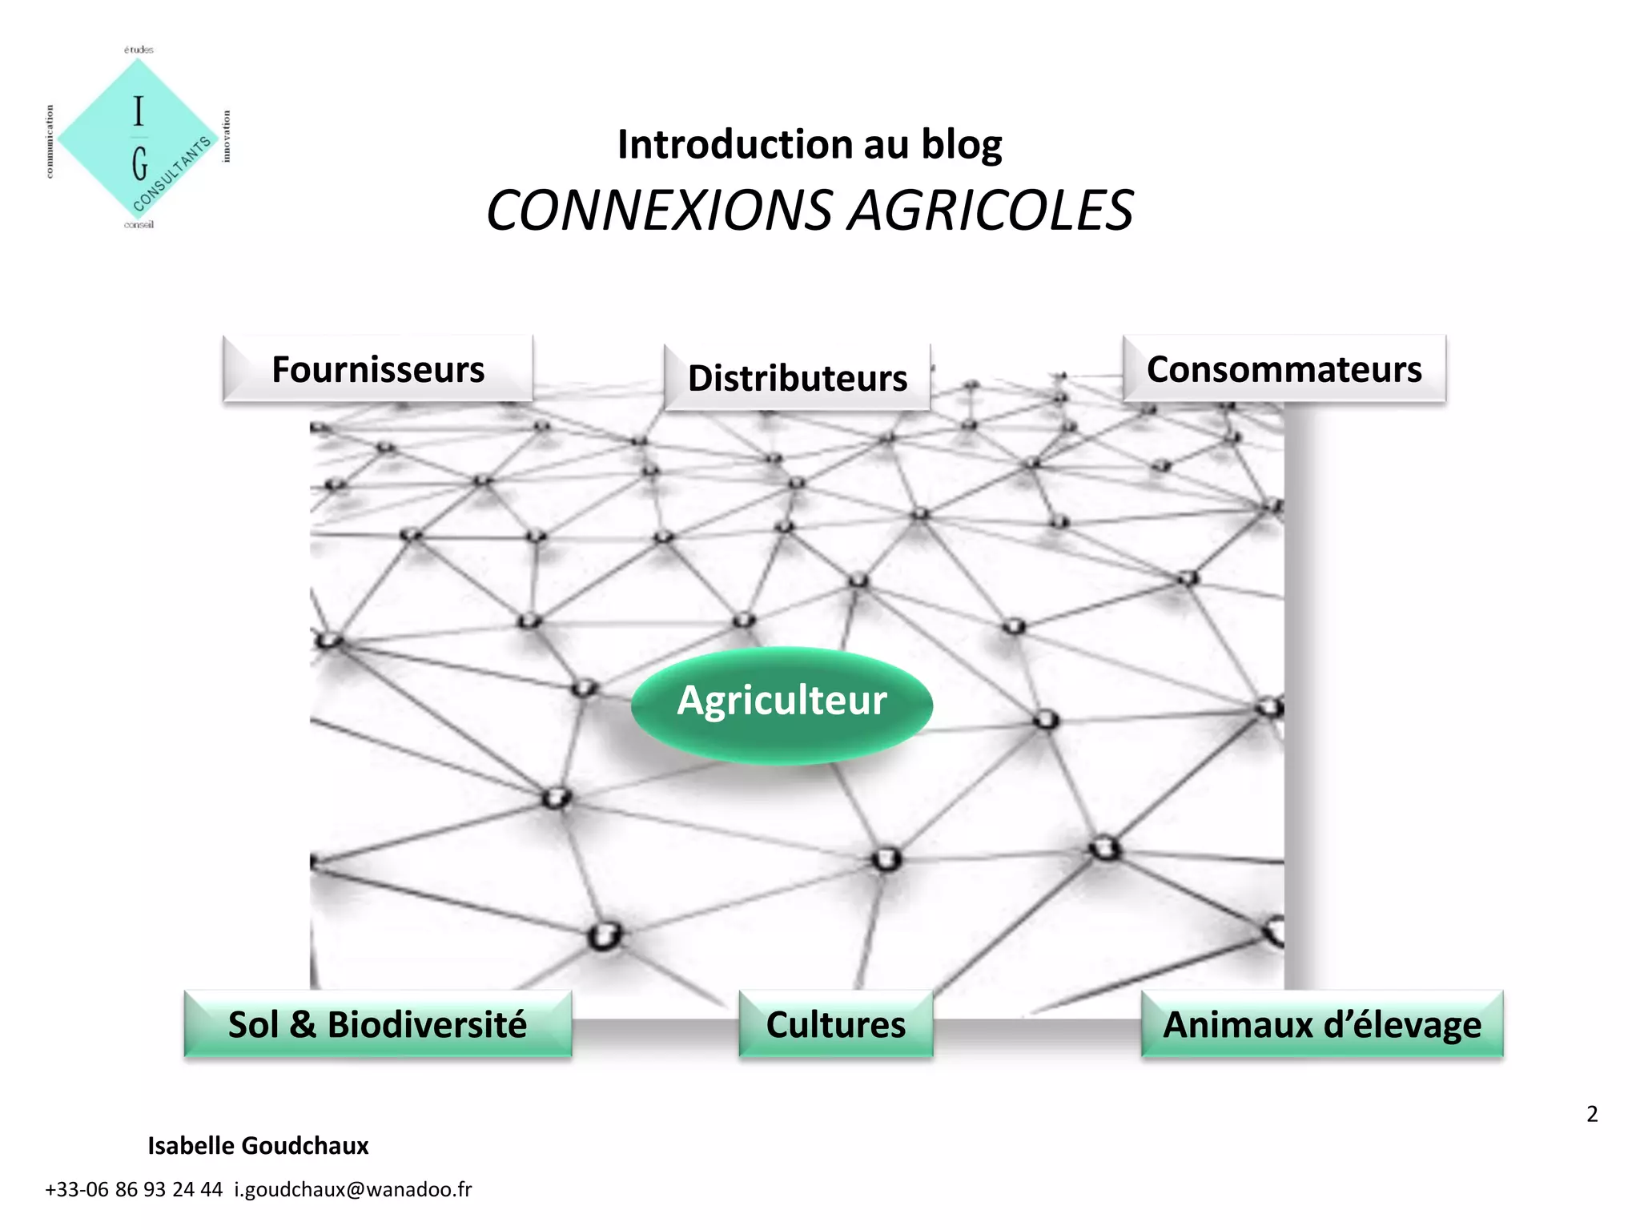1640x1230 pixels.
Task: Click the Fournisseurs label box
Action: [x=378, y=369]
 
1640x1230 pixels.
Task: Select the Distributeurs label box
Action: [x=798, y=378]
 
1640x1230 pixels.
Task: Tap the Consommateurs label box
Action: [x=1284, y=369]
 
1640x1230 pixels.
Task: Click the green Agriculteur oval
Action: [x=782, y=702]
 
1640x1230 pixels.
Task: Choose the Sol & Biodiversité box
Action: [x=378, y=1024]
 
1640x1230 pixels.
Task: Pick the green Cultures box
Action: [x=836, y=1024]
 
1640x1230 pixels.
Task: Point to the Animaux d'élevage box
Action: [x=1322, y=1024]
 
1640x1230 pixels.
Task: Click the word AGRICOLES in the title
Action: [x=991, y=211]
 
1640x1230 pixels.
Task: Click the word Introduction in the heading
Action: [x=735, y=145]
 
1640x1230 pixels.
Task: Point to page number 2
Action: [x=1592, y=1114]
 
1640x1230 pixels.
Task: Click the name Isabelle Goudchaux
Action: [x=258, y=1146]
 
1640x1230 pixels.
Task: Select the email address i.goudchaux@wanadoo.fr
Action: [x=353, y=1189]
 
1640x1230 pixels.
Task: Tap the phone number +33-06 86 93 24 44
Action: [x=134, y=1189]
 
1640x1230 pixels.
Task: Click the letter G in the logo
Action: [x=140, y=163]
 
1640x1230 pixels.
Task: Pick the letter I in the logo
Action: [x=139, y=111]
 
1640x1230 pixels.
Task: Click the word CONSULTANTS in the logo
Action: [x=172, y=174]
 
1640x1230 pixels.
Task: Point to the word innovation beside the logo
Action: [x=227, y=136]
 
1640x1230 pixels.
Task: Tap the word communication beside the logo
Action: [x=50, y=141]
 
